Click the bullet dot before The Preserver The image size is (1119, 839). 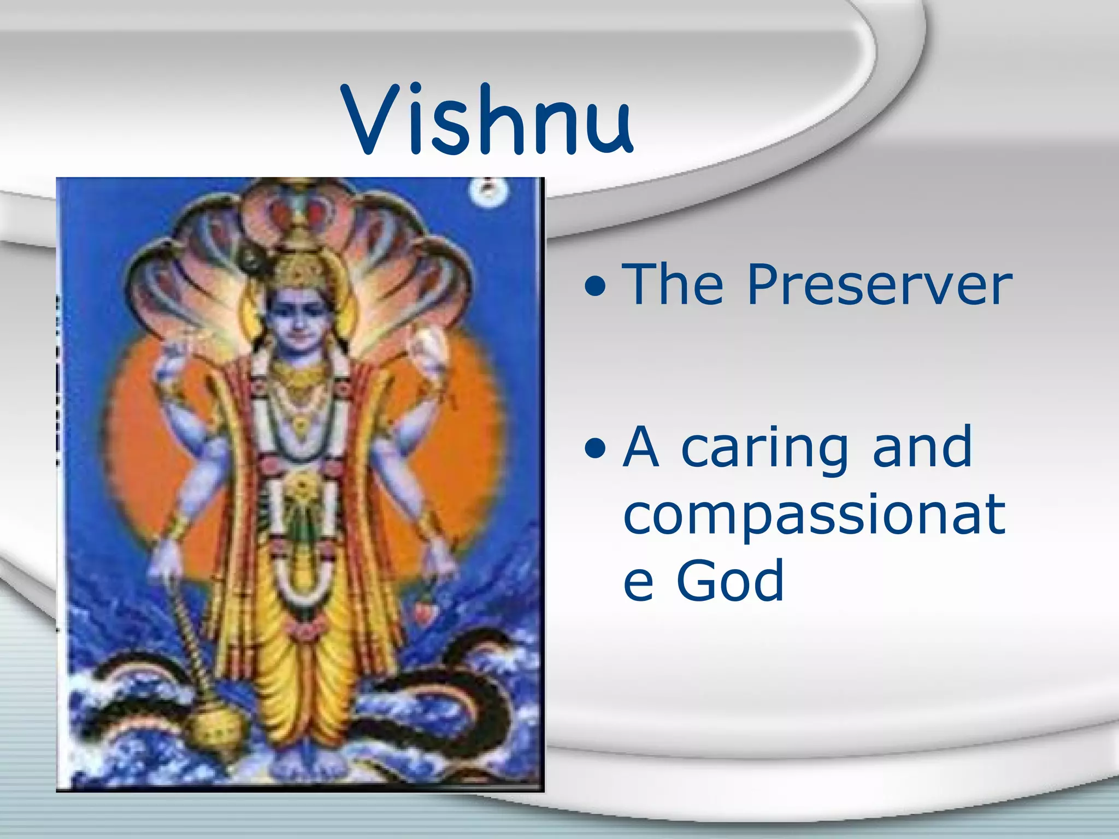594,285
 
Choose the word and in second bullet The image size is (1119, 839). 922,448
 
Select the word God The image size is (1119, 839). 731,581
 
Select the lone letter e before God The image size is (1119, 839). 638,583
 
